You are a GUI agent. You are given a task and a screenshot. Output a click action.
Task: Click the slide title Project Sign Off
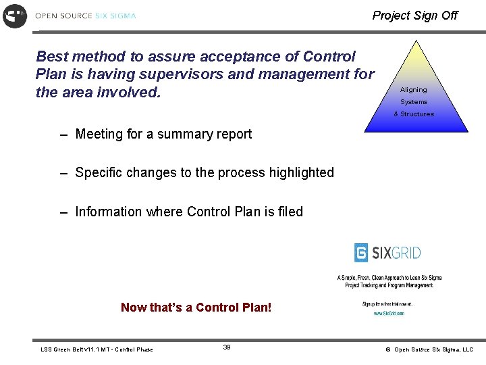tap(414, 16)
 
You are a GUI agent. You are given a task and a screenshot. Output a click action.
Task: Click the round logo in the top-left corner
tap(15, 16)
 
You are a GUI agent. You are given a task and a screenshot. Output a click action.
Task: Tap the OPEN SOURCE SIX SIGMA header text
tap(85, 16)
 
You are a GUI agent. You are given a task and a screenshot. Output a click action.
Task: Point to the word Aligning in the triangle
tap(413, 90)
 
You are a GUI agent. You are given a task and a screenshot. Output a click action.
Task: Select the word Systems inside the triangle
tap(413, 102)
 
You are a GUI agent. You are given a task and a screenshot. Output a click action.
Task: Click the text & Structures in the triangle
tap(414, 114)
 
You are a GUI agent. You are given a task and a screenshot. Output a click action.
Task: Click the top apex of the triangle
tap(416, 42)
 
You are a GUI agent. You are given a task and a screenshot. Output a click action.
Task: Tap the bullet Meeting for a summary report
tap(163, 134)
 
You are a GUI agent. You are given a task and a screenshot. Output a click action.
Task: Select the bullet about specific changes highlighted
tap(204, 172)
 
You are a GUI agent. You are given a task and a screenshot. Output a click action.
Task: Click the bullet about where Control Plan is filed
tap(188, 212)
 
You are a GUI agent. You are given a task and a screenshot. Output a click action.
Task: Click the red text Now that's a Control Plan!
tap(196, 308)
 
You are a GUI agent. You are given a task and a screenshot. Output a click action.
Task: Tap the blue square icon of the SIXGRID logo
tap(362, 253)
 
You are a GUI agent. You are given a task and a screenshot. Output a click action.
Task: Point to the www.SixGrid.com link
tap(389, 314)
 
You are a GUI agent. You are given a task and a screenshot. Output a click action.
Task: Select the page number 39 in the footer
tap(227, 347)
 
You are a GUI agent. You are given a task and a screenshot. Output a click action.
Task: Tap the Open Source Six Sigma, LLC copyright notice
tap(429, 349)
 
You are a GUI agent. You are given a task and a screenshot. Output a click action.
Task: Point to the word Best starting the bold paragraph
tap(52, 56)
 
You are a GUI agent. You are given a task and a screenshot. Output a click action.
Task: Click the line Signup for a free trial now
tap(388, 304)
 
